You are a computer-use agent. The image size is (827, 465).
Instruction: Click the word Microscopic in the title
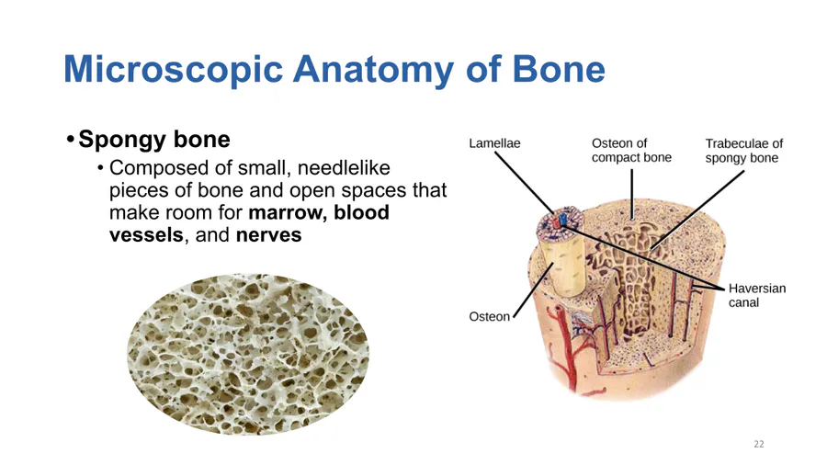(174, 70)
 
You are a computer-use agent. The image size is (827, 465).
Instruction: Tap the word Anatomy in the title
(373, 70)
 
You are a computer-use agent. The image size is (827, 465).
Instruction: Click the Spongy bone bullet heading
(154, 139)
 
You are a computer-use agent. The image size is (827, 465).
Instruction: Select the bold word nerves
(268, 235)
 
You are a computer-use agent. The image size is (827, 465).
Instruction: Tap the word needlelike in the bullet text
(344, 167)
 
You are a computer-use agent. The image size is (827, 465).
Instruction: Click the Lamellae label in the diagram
(494, 143)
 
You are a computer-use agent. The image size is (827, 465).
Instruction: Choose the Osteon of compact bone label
(631, 151)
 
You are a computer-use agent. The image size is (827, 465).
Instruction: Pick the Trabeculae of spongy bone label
(743, 151)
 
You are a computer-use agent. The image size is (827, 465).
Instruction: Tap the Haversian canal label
(757, 295)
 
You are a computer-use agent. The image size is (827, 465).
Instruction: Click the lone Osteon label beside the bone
(490, 316)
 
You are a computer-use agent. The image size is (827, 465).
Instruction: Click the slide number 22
(758, 444)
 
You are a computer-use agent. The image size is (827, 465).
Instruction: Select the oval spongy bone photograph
(248, 355)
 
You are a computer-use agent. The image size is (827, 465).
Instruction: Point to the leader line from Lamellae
(525, 182)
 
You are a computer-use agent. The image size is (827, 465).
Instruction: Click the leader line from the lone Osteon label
(533, 289)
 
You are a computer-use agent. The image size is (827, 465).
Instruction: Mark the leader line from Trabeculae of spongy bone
(697, 210)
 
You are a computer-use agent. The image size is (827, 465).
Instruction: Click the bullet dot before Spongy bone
(70, 141)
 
